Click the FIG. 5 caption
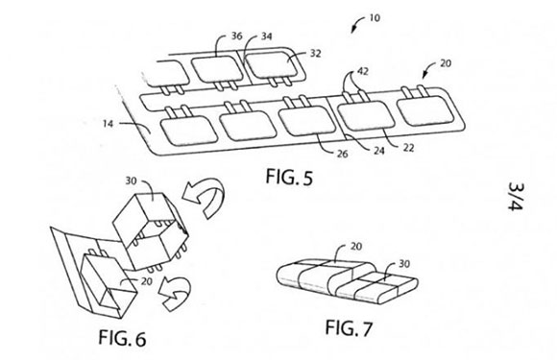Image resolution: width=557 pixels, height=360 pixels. (289, 177)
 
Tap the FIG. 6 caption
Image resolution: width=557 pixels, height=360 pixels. (122, 338)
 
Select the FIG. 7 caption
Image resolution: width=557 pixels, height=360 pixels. (349, 327)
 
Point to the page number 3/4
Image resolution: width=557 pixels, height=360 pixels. (516, 197)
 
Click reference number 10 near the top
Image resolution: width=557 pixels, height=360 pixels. (375, 17)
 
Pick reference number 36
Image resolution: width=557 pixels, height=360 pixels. (237, 36)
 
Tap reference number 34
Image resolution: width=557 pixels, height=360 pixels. (267, 36)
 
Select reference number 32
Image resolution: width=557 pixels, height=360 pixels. (315, 53)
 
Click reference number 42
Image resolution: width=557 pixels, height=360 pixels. (363, 71)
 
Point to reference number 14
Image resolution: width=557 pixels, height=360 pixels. (108, 124)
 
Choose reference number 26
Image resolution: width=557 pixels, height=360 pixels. (343, 154)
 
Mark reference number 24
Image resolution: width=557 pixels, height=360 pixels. (379, 151)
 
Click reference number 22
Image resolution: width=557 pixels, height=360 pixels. (408, 148)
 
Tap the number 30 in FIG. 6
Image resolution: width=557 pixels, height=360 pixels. (131, 181)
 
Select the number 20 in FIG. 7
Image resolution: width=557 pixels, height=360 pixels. (356, 246)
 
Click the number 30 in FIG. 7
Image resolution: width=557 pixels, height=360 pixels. (404, 264)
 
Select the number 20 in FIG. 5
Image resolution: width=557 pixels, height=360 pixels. (446, 63)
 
